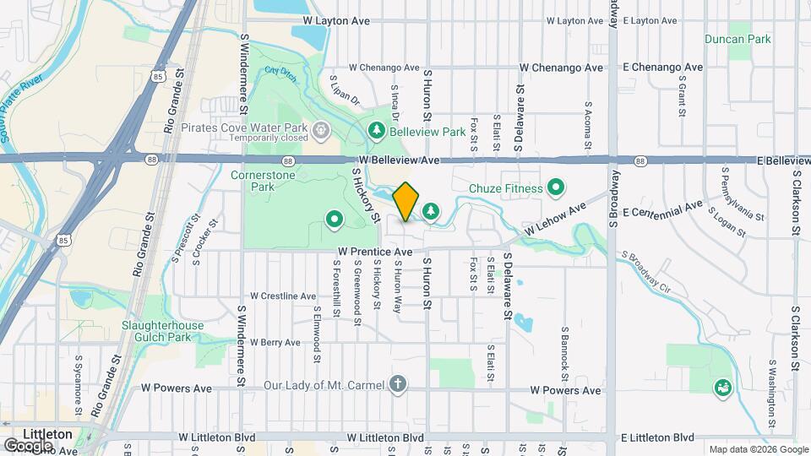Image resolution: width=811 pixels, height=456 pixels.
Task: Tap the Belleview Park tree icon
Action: coord(377,132)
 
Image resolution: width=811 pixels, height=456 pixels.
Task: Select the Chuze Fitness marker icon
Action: coord(556,187)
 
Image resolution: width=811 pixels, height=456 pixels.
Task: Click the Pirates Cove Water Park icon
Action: coord(321,131)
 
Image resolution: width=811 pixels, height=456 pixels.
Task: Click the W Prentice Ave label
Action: coord(375,252)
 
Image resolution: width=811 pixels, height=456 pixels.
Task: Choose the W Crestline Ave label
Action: coord(282,296)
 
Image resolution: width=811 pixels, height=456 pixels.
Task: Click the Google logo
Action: coord(24,444)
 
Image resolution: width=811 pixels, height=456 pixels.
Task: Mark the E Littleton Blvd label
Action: coord(656,437)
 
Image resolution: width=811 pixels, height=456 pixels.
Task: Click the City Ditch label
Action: coord(281,75)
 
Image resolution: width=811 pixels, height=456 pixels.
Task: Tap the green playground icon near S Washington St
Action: coord(722,387)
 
